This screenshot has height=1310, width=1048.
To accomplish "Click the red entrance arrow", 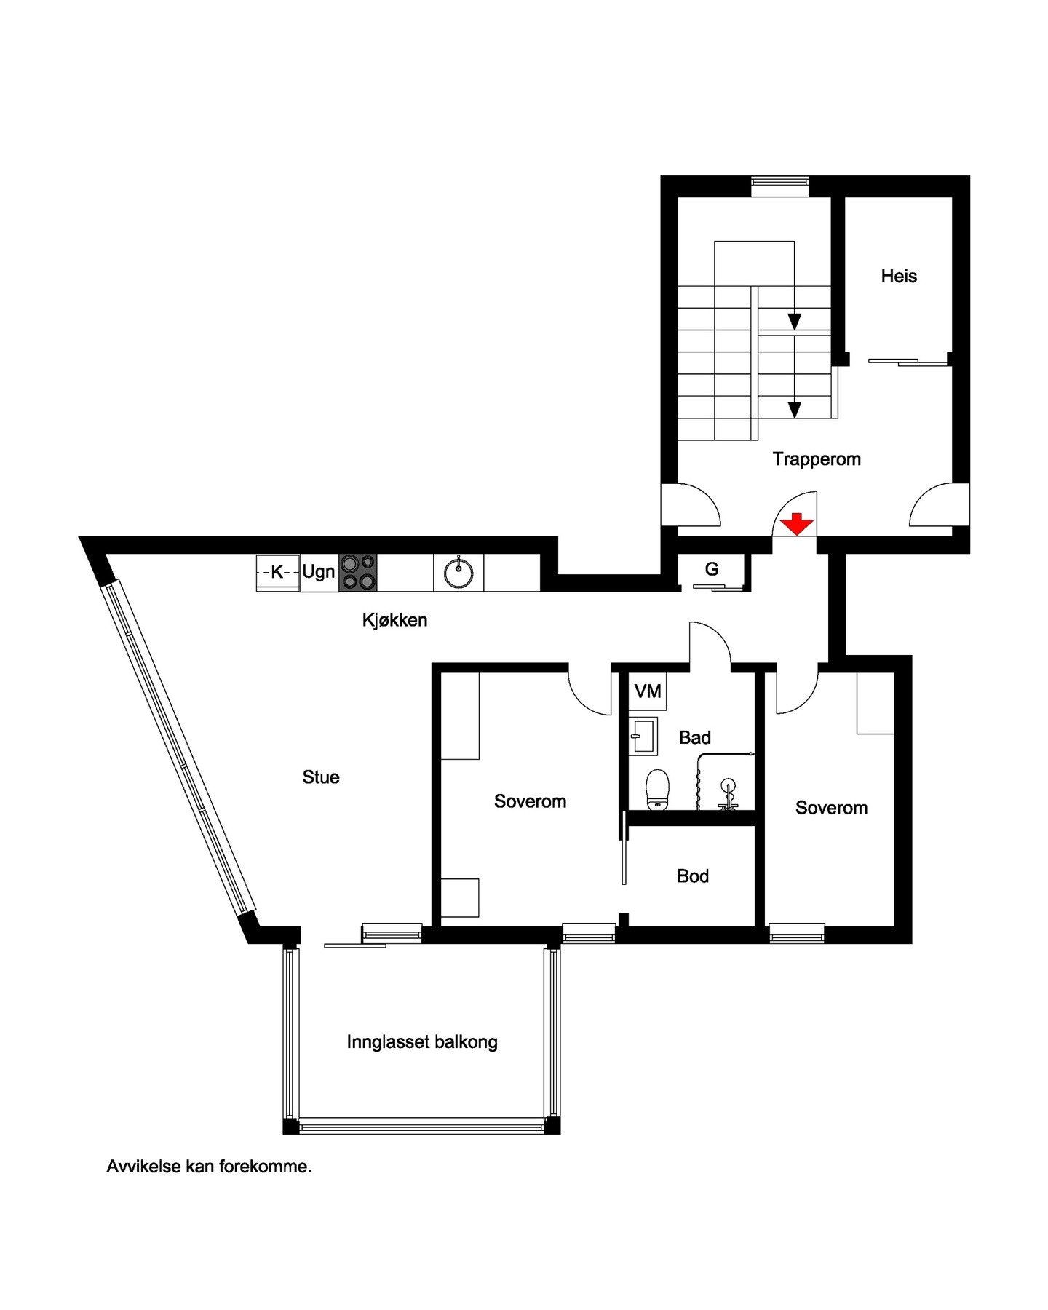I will click(x=797, y=523).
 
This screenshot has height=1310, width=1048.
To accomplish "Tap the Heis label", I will click(x=899, y=276).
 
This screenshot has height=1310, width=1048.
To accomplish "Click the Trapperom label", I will click(x=817, y=459).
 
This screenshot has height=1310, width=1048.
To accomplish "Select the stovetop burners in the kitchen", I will click(x=358, y=572).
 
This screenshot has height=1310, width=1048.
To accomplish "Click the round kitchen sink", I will click(x=458, y=572).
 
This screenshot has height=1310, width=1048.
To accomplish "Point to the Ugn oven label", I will click(x=319, y=572).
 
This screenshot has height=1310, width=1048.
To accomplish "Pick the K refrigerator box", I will click(x=277, y=572).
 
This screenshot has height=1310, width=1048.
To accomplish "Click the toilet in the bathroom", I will click(x=657, y=790).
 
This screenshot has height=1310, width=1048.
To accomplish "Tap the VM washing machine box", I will click(x=648, y=691).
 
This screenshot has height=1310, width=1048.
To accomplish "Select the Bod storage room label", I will click(x=693, y=876).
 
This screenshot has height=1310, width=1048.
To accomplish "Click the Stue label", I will click(x=321, y=777).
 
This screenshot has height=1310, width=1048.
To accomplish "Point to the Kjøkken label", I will click(x=394, y=620).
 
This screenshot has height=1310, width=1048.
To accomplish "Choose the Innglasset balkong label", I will click(x=422, y=1042).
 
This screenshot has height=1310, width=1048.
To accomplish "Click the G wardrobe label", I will click(x=712, y=569).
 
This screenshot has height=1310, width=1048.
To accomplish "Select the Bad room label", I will click(x=694, y=738).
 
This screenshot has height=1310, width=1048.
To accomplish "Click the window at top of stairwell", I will click(x=779, y=186).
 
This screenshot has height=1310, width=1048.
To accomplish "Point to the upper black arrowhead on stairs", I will click(x=795, y=322).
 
